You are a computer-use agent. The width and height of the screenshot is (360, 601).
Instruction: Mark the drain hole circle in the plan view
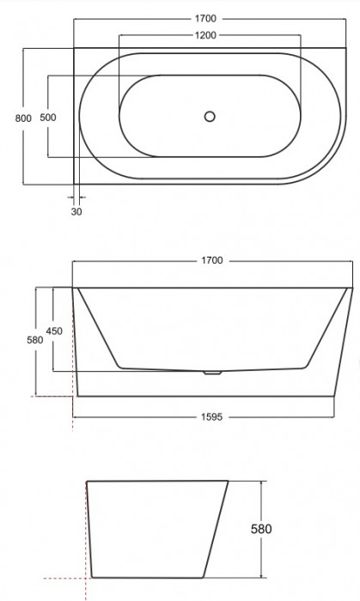coord(211,117)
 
